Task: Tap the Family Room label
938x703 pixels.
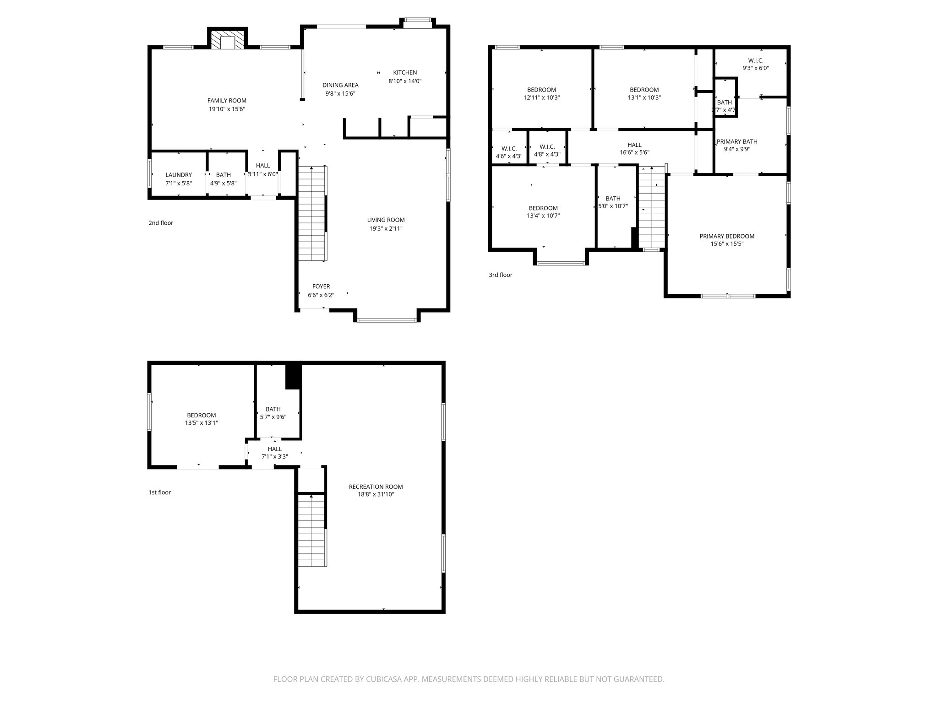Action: pyautogui.click(x=227, y=101)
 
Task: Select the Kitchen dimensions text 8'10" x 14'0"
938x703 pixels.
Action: pyautogui.click(x=405, y=81)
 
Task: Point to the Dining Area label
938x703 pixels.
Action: pyautogui.click(x=340, y=85)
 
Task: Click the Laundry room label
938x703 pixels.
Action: pyautogui.click(x=179, y=175)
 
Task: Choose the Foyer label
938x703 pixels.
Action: pyautogui.click(x=321, y=287)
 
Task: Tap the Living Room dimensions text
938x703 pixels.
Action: pyautogui.click(x=386, y=228)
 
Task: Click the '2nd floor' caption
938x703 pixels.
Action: pyautogui.click(x=161, y=223)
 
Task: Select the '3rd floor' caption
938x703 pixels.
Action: pyautogui.click(x=500, y=275)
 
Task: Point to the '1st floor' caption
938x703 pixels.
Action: pyautogui.click(x=159, y=492)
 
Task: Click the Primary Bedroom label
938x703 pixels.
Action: pyautogui.click(x=727, y=236)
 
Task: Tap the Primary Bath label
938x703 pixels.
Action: pyautogui.click(x=737, y=141)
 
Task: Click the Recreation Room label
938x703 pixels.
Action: pyautogui.click(x=376, y=487)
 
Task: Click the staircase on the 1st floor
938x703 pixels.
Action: pyautogui.click(x=311, y=531)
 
